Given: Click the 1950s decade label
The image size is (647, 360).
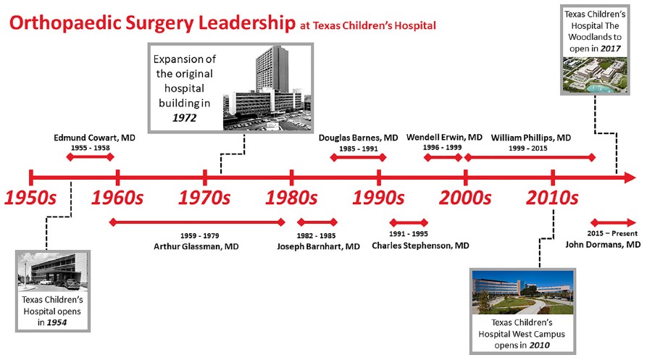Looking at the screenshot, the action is coord(30,198).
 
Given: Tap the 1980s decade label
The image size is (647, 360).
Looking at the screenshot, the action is coord(291,198).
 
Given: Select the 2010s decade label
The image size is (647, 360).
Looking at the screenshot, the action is coord(552,198).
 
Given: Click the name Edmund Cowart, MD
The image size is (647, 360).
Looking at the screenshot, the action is coord(94,138).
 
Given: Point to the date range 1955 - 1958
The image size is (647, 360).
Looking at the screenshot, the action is coord(91,148).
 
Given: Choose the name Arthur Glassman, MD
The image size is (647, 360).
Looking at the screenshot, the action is coord(196,246).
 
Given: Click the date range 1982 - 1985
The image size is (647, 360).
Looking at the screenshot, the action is coord(316,235).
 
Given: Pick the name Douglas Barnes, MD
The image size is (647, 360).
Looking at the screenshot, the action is coord(358,138).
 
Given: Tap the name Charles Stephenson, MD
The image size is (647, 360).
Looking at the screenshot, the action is coord(420,246).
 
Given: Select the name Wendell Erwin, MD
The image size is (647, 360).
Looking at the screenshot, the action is coord(444,138).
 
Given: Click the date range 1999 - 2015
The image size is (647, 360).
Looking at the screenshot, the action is coord(527,148).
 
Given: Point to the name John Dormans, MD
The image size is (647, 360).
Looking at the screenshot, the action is coord(603,245).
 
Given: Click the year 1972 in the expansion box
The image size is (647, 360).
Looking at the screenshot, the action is coord(185,118).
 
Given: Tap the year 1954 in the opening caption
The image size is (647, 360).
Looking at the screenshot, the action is coord(57,322).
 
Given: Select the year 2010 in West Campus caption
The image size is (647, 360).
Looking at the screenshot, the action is coord(539,346).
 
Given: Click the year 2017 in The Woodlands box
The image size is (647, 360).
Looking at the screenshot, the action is coord(611,49).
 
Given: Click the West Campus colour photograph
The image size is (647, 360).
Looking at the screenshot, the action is coord(522,292).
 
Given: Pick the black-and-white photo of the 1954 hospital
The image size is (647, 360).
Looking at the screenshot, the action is coord(53,272).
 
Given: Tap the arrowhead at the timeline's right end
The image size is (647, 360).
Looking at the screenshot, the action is coord(630,177).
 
